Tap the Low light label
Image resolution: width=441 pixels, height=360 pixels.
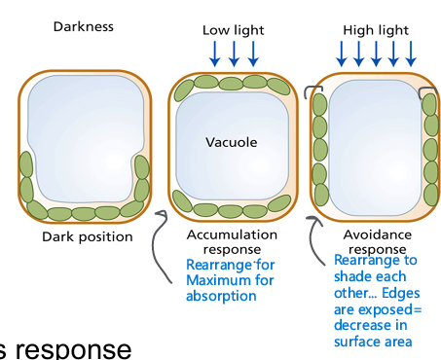233,30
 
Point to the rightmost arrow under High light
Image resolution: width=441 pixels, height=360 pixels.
413,54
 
